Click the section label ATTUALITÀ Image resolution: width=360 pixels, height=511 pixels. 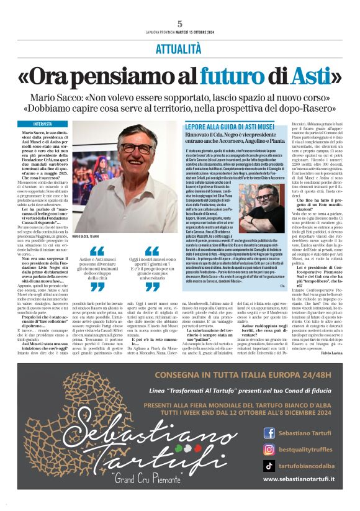[x=180, y=48]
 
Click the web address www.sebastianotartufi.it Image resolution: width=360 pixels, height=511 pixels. [x=299, y=479]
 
